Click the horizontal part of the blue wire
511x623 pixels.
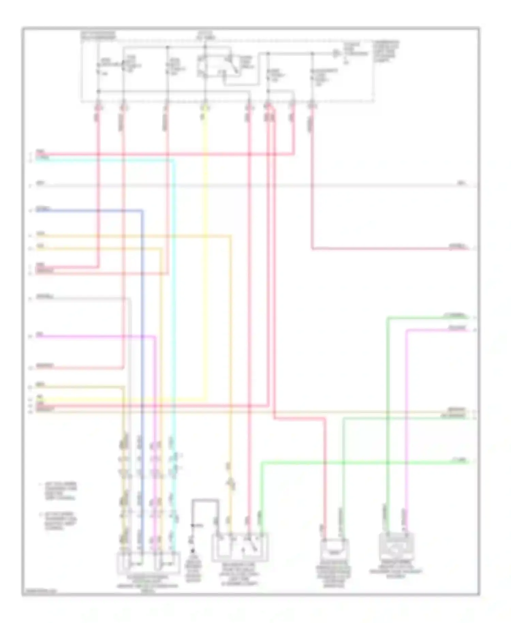pos(89,211)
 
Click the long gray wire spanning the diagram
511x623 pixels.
pos(238,186)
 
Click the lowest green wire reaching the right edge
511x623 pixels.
pos(358,462)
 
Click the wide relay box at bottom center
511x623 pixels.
pos(240,547)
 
